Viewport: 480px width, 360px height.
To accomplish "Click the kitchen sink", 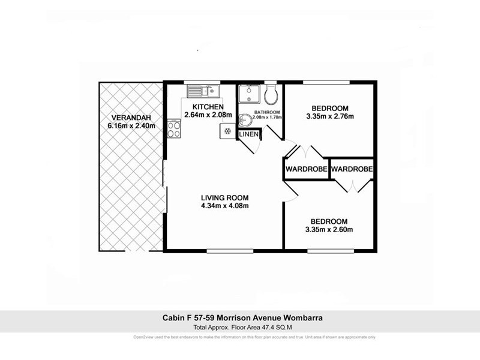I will (x=203, y=91).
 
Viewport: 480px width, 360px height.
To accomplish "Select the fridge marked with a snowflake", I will (x=227, y=130).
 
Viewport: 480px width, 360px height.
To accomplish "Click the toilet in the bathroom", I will (x=271, y=94).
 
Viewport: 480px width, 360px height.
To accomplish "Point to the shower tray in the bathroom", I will (x=248, y=95).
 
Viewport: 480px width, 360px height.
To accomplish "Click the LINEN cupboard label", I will (x=248, y=135).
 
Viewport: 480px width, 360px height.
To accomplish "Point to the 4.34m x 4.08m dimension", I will (x=224, y=206).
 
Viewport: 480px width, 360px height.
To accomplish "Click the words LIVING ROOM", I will (x=224, y=197).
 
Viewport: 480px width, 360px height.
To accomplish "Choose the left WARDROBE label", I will (x=306, y=170).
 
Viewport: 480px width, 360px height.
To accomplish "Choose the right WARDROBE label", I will (x=352, y=170).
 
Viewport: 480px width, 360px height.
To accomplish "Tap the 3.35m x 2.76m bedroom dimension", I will (x=329, y=116).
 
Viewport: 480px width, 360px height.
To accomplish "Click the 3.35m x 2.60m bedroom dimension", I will (x=329, y=229).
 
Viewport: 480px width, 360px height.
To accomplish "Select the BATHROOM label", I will (x=267, y=112).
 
